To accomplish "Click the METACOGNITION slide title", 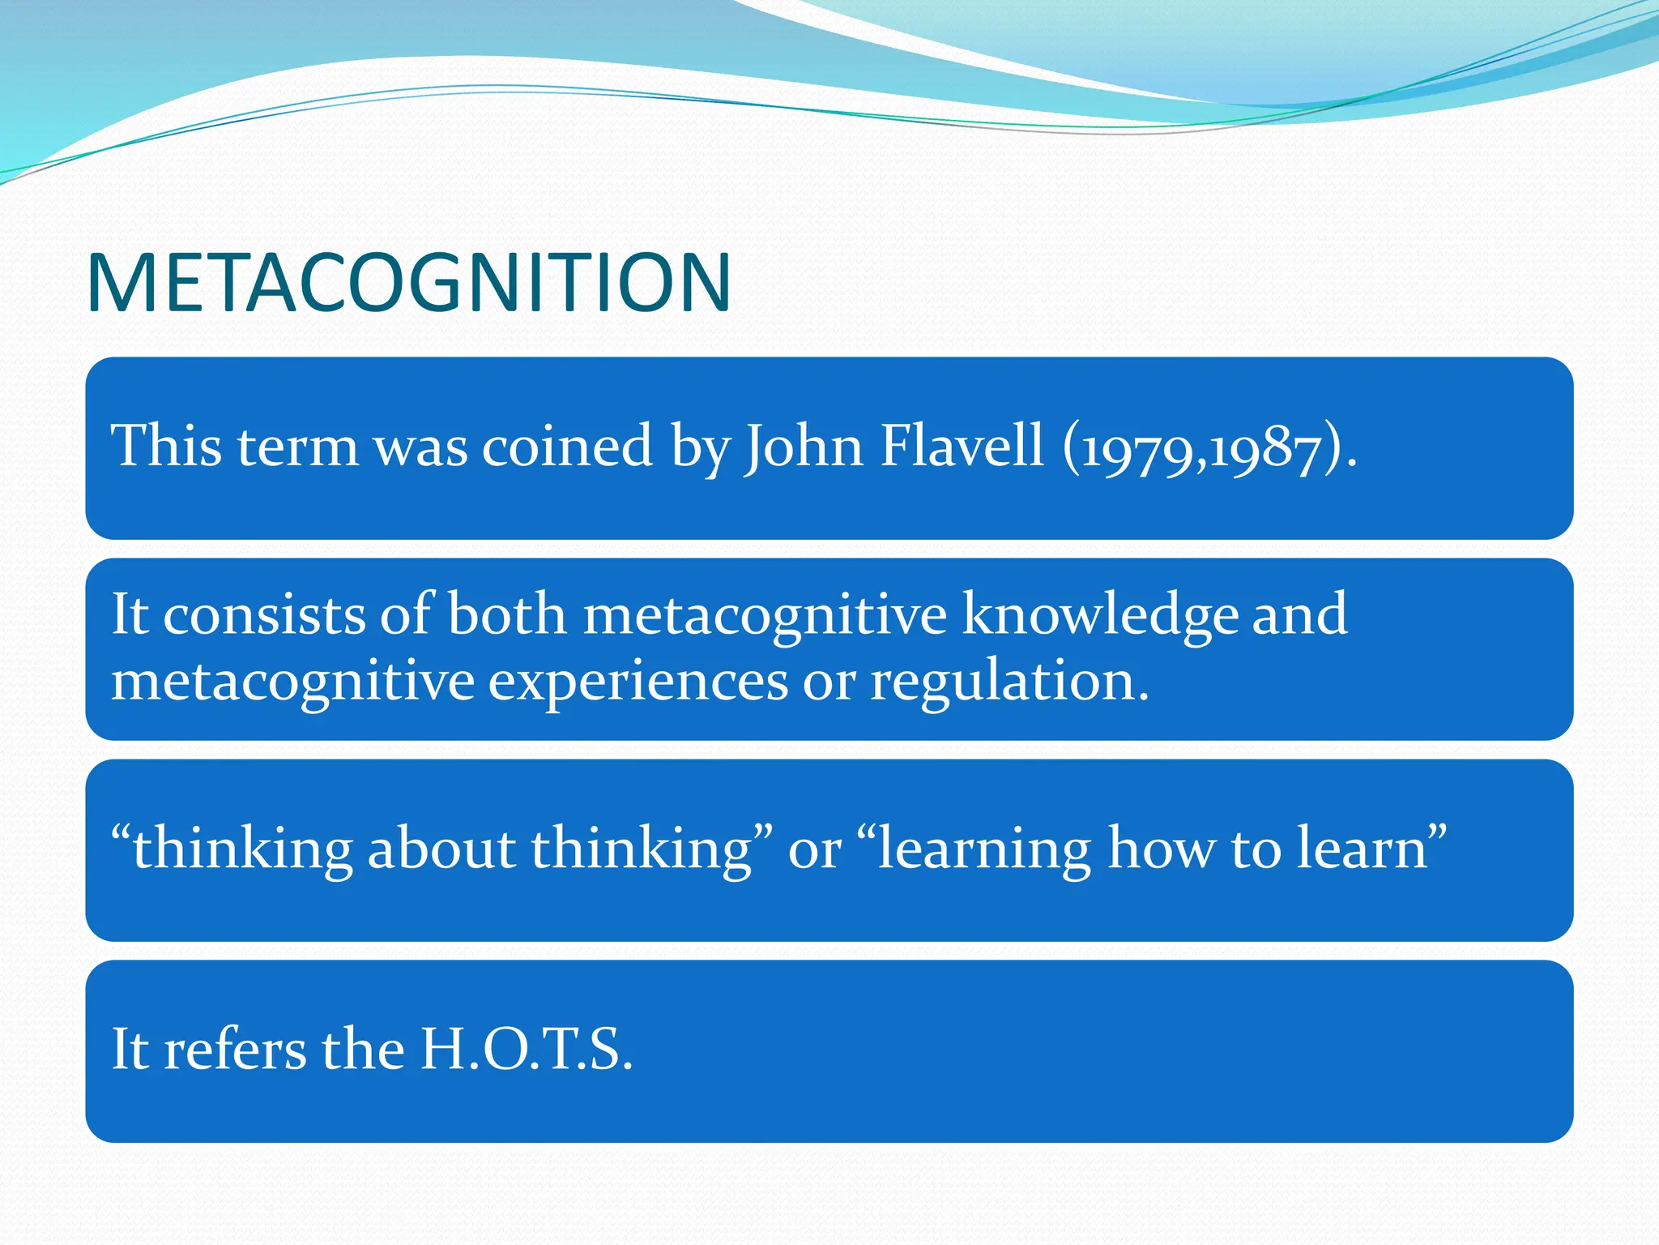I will click(409, 283).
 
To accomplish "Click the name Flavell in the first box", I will click(962, 447).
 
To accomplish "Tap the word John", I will click(804, 447).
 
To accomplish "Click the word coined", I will click(567, 447).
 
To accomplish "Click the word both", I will click(506, 614).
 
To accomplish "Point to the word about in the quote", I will click(441, 849).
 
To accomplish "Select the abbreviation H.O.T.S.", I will click(526, 1050).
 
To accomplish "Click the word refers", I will click(236, 1050).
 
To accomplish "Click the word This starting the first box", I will click(166, 447).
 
